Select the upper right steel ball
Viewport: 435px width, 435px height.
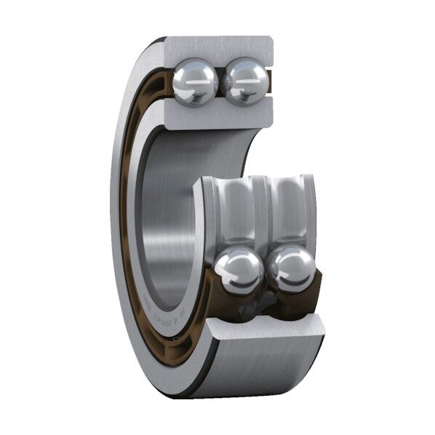coord(245,81)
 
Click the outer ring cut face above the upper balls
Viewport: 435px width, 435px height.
coord(218,47)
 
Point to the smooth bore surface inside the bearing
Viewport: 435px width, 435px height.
coord(171,218)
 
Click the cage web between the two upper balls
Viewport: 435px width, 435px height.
coord(220,81)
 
